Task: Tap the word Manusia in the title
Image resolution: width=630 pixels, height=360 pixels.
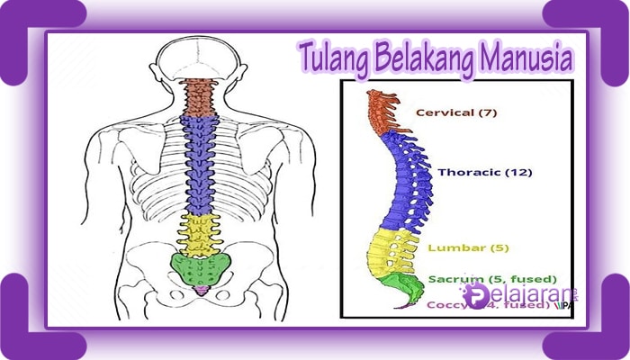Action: coord(532,60)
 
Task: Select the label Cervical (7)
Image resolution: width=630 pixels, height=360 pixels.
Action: coord(455,112)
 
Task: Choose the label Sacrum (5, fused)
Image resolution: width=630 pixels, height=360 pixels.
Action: coord(492,278)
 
